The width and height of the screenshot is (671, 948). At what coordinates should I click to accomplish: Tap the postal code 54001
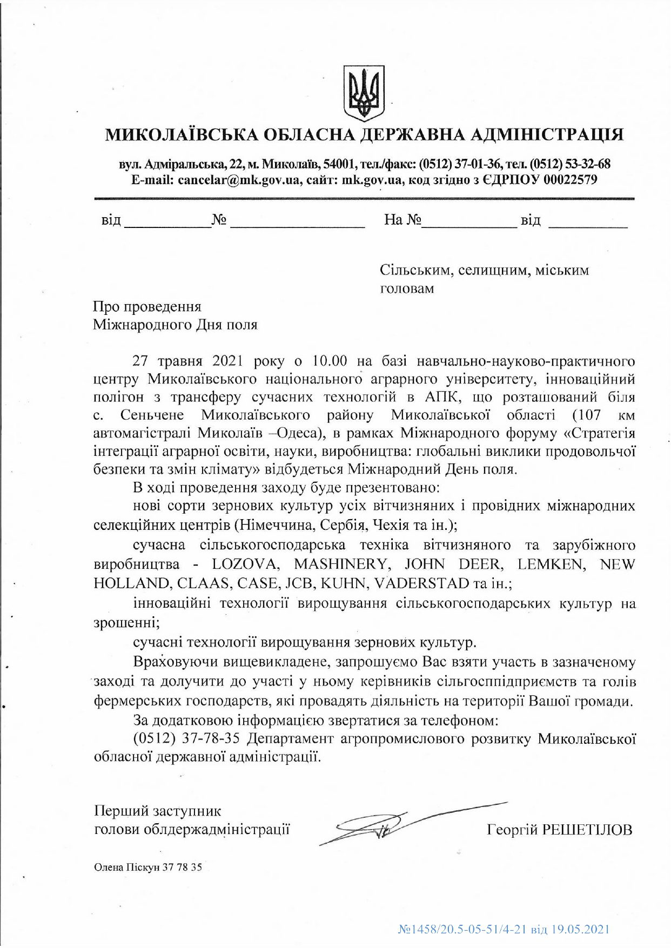(339, 164)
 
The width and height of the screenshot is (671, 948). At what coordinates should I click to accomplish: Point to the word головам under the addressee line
(407, 289)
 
